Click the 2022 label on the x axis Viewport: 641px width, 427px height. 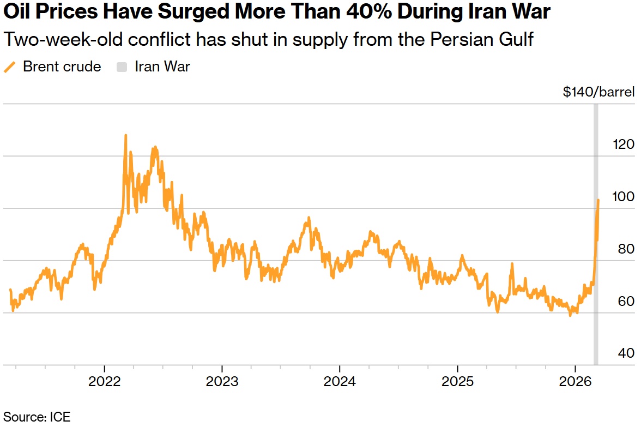pos(105,381)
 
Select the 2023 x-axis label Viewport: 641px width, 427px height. pos(222,381)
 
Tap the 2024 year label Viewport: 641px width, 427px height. pos(340,381)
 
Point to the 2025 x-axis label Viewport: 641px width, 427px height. pos(457,381)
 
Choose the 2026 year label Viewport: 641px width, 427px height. pos(576,381)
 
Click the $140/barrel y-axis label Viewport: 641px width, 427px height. pos(598,92)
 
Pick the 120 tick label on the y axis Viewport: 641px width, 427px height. pos(624,145)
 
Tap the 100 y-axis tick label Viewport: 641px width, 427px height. pos(624,196)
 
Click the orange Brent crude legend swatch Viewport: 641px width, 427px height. pos(10,67)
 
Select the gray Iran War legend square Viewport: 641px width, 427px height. pos(122,67)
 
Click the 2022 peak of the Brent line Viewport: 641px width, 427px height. pos(125,135)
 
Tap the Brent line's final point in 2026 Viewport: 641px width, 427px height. pos(598,201)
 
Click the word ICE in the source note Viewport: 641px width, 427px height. pos(59,417)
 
